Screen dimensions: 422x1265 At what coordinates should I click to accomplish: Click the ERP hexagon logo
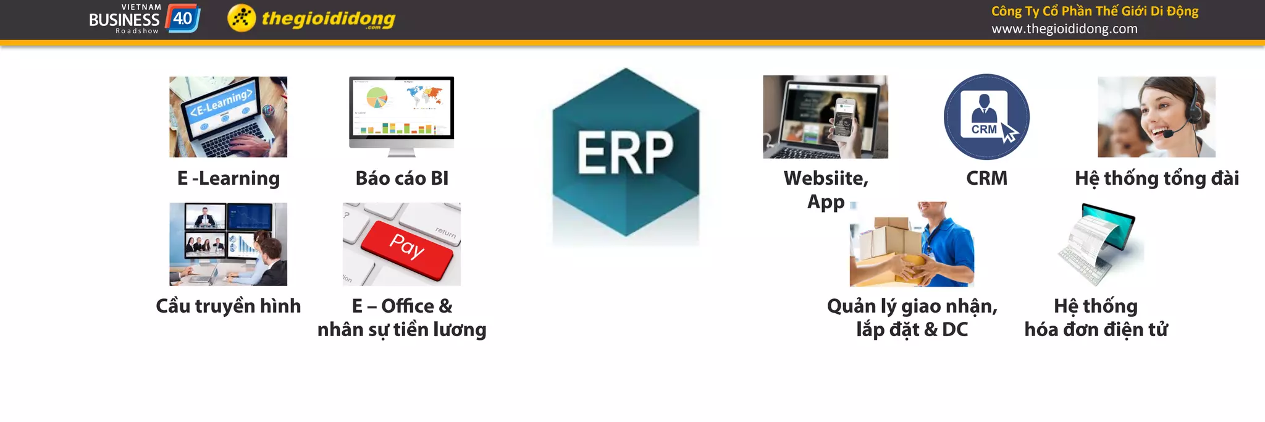click(x=625, y=153)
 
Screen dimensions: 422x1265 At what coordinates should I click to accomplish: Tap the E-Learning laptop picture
click(x=228, y=117)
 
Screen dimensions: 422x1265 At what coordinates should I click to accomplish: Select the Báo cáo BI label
click(x=401, y=179)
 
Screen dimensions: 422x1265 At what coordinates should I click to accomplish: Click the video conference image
click(x=228, y=244)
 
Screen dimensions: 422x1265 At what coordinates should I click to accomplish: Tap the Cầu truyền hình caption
click(x=228, y=306)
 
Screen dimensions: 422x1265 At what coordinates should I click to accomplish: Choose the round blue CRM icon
click(x=986, y=117)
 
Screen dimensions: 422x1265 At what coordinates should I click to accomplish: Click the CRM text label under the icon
click(x=986, y=179)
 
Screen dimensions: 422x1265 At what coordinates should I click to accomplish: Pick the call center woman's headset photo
click(x=1156, y=117)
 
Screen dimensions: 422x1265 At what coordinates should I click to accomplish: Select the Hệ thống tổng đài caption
click(x=1156, y=179)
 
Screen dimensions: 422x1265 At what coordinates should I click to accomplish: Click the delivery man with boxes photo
click(x=912, y=245)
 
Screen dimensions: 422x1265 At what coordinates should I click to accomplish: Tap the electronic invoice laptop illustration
click(x=1101, y=244)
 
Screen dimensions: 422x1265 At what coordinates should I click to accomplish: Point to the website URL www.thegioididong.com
click(x=1064, y=29)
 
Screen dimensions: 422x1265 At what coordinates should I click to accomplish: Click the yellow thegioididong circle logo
click(x=241, y=18)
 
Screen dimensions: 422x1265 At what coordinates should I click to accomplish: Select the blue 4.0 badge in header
click(x=182, y=18)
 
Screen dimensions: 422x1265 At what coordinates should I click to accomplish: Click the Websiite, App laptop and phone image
click(x=825, y=117)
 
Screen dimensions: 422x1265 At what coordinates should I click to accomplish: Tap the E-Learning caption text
click(x=228, y=179)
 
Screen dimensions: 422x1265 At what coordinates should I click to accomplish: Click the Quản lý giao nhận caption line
click(x=912, y=306)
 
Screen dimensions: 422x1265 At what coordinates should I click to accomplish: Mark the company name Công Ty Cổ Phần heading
click(x=1095, y=11)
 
